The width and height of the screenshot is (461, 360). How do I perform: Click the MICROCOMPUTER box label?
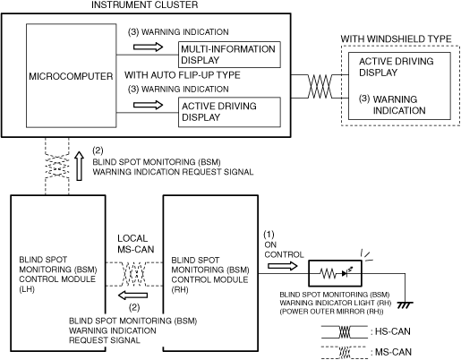pos(71,76)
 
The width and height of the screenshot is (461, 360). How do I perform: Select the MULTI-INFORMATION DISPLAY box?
pos(229,55)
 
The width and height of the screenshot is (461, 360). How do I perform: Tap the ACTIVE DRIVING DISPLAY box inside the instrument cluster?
pos(229,112)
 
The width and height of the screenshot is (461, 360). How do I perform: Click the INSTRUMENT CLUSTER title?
pos(144,4)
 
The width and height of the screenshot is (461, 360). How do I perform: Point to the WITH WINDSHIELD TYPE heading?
pos(396,39)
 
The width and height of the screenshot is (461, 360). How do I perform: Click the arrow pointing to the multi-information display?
pos(148,47)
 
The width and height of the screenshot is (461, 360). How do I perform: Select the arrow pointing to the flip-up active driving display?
pos(148,105)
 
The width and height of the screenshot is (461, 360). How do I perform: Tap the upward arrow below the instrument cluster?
pos(79,166)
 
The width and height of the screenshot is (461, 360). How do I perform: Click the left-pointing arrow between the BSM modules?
pos(132,296)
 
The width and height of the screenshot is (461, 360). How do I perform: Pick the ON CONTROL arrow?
pos(283,266)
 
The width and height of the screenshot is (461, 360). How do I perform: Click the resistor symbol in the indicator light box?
pos(328,273)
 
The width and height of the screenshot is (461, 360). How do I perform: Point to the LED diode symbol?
pos(346,272)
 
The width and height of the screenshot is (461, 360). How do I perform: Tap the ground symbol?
pos(405,304)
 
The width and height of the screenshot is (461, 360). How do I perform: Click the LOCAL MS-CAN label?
pos(135,244)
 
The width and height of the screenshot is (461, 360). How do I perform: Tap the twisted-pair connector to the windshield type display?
pos(320,86)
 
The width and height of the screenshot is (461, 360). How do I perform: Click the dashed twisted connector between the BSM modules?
pos(134,274)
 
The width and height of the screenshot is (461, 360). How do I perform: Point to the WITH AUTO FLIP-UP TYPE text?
pos(183,75)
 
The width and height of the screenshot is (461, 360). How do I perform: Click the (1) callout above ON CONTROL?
pos(269,235)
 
